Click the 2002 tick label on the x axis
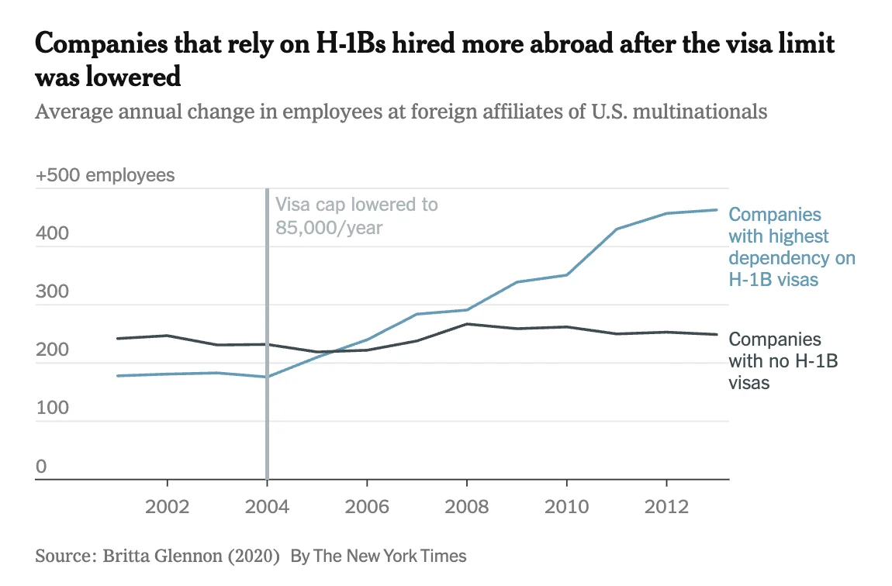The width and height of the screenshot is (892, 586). pos(167,507)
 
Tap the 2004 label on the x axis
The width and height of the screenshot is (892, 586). pos(267,507)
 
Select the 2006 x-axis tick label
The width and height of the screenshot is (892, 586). pos(367,507)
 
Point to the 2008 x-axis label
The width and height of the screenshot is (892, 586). pos(467,507)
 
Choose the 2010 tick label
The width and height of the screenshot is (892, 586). pos(567,507)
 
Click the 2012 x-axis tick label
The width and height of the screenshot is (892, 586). pos(667,507)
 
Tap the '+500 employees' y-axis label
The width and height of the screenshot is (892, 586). pos(105,175)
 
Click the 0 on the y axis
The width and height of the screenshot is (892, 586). pos(41,467)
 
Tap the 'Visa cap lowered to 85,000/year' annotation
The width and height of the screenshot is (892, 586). pos(356,216)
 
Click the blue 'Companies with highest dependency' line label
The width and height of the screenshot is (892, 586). pos(791,246)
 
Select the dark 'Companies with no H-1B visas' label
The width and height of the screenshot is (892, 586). pos(775,360)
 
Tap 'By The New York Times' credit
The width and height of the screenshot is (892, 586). pos(379,556)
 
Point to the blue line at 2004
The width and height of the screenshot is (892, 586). pos(267,377)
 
